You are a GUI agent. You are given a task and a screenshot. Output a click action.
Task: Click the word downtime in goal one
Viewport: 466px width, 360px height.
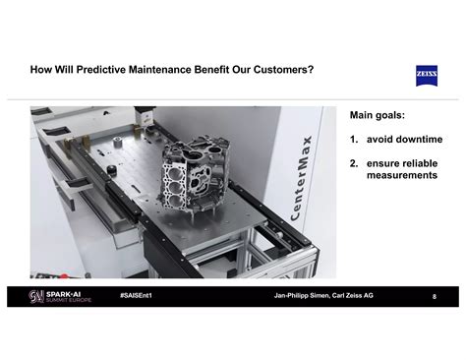(419, 139)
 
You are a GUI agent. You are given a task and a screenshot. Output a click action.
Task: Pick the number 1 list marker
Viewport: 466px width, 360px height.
(353, 139)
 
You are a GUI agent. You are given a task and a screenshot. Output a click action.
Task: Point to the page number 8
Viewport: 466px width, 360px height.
(435, 296)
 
